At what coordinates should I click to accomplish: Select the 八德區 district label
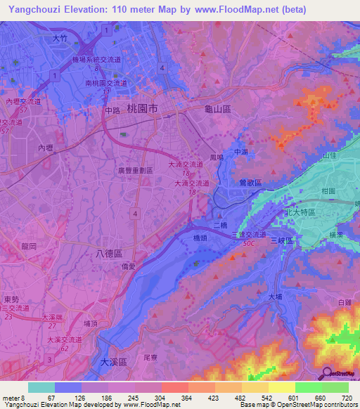(x=108, y=252)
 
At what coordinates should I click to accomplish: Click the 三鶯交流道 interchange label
(x=249, y=234)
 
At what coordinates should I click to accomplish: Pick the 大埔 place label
(x=276, y=297)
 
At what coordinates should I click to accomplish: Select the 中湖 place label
(x=241, y=152)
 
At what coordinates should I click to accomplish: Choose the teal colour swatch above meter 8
(x=41, y=387)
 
